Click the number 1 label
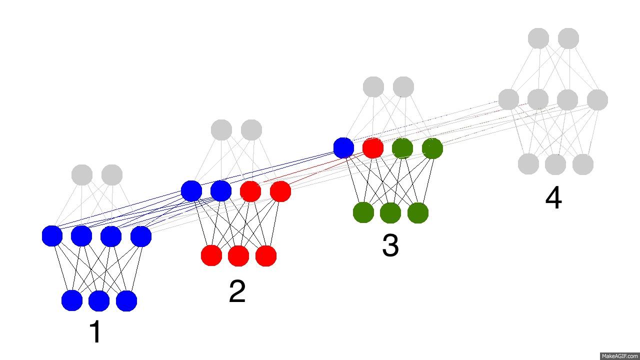[95, 332]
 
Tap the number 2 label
[237, 291]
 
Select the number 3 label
[390, 245]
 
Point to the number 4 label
[553, 198]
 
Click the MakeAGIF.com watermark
[619, 356]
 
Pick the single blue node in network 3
[343, 148]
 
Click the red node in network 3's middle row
[373, 148]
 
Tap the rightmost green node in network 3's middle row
[432, 148]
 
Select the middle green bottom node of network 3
[390, 213]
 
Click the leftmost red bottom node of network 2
[211, 255]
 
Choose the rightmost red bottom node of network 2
[266, 255]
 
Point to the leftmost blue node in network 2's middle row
[191, 191]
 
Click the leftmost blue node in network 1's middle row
[52, 236]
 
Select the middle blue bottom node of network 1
[99, 300]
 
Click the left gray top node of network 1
[82, 175]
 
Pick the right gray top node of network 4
[568, 38]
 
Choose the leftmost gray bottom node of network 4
[528, 164]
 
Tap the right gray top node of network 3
[403, 87]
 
